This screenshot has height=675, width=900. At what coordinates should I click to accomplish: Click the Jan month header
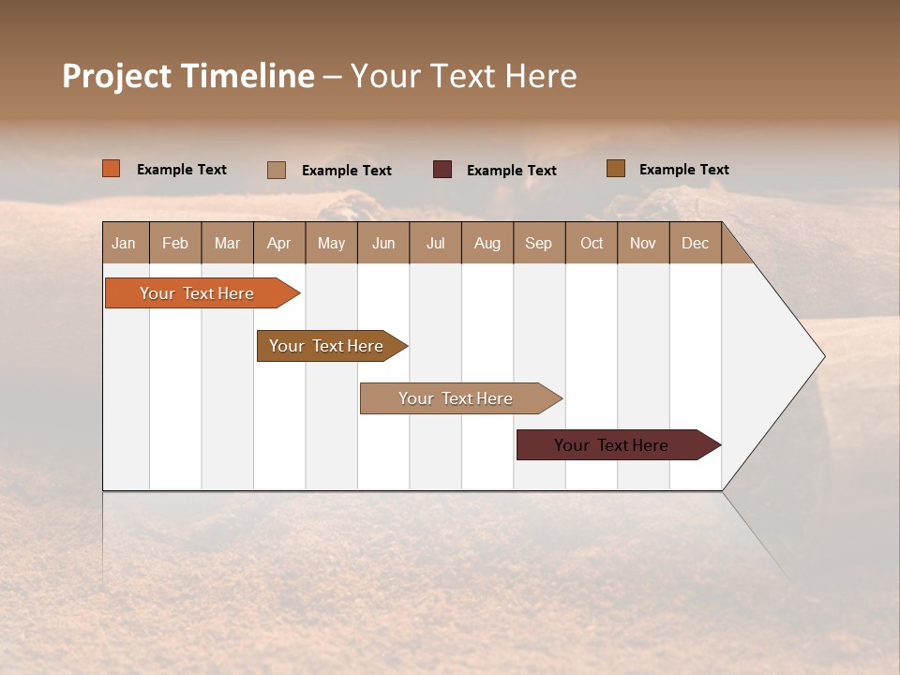(x=124, y=243)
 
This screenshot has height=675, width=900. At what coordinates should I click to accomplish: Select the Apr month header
(x=278, y=243)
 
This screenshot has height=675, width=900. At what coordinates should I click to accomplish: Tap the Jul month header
(x=435, y=243)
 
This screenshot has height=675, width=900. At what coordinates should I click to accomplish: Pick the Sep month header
(x=538, y=243)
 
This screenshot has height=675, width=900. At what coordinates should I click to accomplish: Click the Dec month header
(x=695, y=243)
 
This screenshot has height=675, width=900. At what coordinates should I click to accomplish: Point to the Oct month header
(x=591, y=243)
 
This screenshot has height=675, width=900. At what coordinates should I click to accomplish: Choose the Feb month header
(x=175, y=243)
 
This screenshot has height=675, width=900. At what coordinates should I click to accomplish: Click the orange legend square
(x=111, y=169)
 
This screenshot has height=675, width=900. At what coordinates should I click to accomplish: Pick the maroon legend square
(x=442, y=169)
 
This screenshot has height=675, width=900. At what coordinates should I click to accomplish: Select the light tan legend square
(x=277, y=170)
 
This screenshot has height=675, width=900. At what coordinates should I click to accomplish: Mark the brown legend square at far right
(x=615, y=169)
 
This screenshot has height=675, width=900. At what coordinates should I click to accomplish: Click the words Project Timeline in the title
(x=188, y=76)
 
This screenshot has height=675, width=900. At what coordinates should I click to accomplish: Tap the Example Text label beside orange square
(x=182, y=170)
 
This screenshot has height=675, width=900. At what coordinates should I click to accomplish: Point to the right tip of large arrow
(x=823, y=356)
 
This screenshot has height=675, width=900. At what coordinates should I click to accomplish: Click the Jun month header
(x=382, y=243)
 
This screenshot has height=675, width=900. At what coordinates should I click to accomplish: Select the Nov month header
(x=642, y=243)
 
